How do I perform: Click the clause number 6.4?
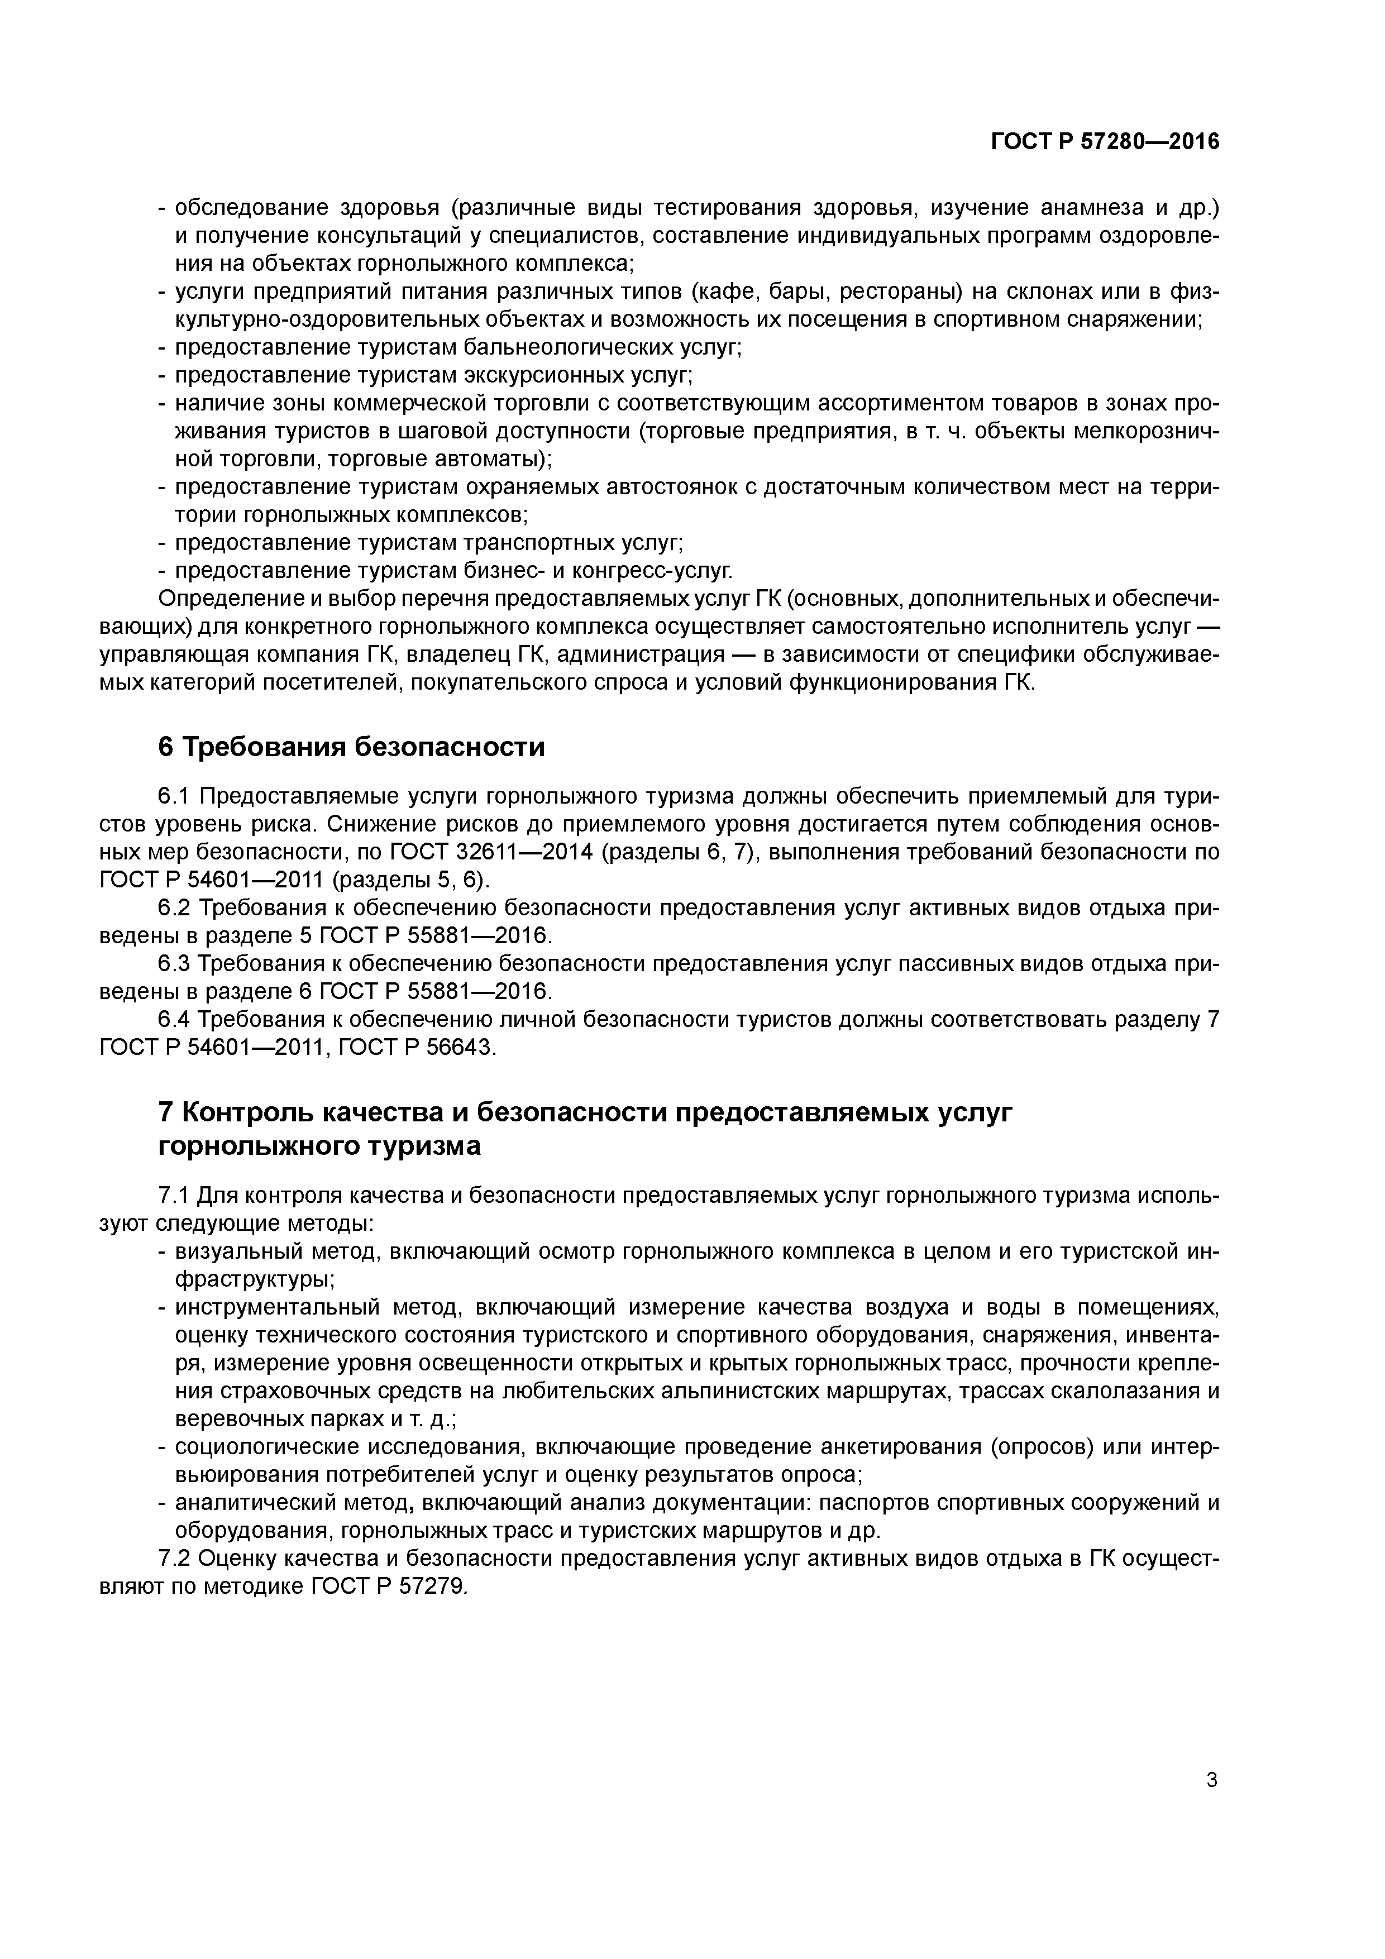coord(176,1020)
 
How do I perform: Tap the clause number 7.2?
coord(176,1559)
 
